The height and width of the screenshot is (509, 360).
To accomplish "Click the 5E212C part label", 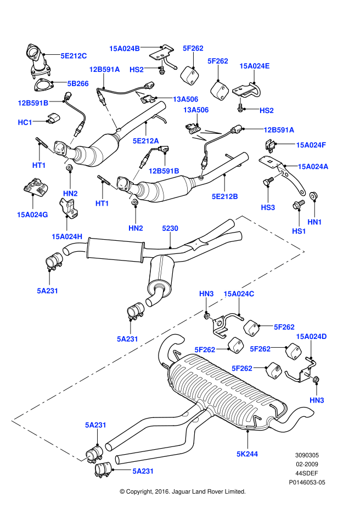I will pyautogui.click(x=74, y=55).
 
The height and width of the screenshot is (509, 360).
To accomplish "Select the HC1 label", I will pyautogui.click(x=25, y=122).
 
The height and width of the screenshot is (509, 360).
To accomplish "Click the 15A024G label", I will pyautogui.click(x=32, y=214).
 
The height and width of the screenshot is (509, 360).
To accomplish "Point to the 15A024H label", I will pyautogui.click(x=67, y=236).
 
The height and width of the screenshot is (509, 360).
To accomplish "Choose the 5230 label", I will pyautogui.click(x=170, y=228).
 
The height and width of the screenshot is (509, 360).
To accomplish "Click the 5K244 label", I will pyautogui.click(x=248, y=454).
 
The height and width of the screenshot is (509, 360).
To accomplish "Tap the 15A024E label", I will pyautogui.click(x=255, y=66).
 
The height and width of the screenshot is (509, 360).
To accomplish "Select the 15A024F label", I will pyautogui.click(x=311, y=145).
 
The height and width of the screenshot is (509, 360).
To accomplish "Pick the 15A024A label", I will pyautogui.click(x=313, y=166).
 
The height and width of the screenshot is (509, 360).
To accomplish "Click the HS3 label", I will pyautogui.click(x=268, y=208).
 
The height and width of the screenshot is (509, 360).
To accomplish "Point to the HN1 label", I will pyautogui.click(x=314, y=222).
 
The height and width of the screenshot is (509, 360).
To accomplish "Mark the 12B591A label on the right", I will pyautogui.click(x=279, y=130).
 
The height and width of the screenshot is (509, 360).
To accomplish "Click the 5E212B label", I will pyautogui.click(x=224, y=196).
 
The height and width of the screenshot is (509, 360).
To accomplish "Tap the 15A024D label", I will pyautogui.click(x=311, y=336).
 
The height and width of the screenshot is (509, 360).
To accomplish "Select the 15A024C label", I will pyautogui.click(x=239, y=294).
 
